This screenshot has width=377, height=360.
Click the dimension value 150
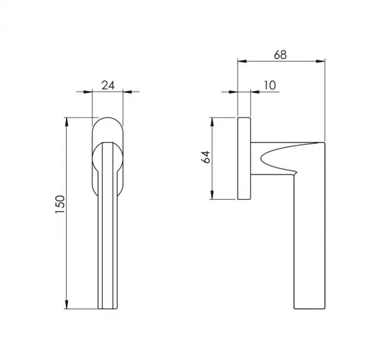60,204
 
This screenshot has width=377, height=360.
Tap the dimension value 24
108,85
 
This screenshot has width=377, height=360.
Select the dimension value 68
280,55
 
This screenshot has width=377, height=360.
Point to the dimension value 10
270,85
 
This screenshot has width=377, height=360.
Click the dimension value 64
205,157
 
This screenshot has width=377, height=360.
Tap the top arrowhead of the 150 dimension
67,121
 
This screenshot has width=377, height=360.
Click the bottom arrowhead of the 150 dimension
67,305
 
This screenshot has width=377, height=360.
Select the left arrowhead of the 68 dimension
242,62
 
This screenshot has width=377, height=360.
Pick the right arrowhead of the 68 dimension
320,62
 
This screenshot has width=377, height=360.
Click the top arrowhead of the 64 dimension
212,122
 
